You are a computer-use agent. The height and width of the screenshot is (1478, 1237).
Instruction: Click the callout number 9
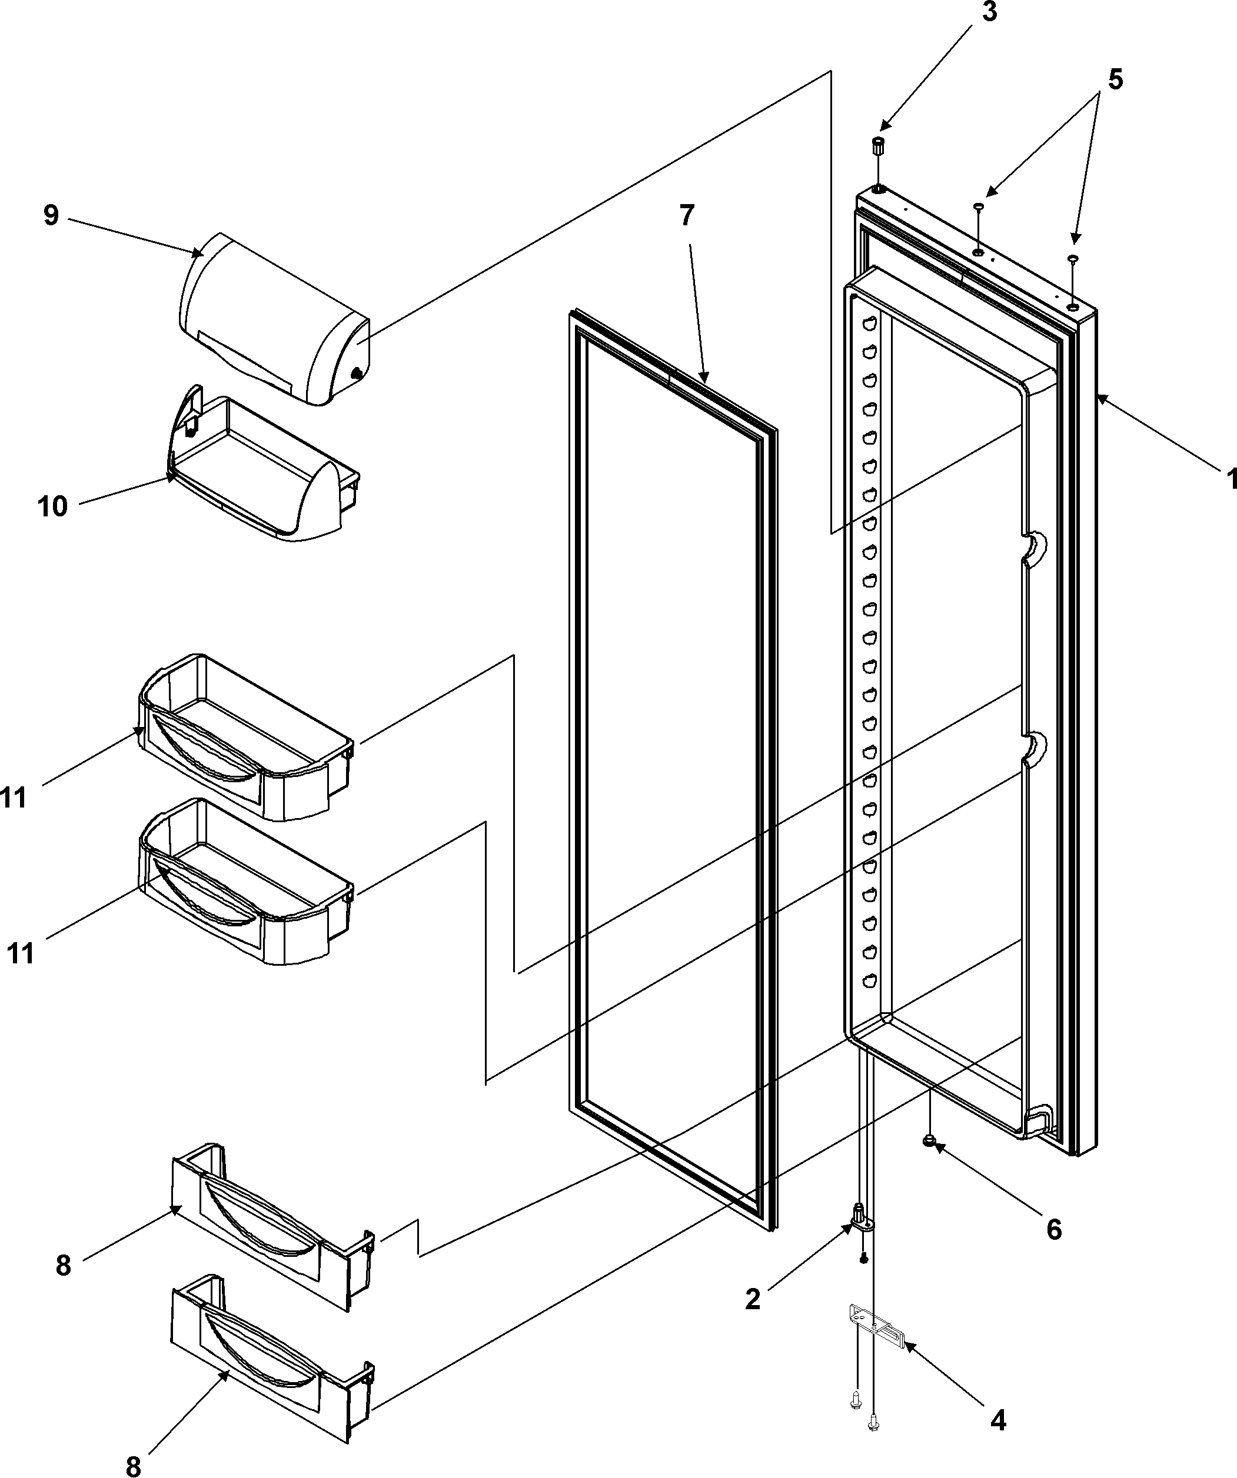coord(51,215)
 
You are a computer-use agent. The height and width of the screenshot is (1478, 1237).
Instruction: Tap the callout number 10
coord(53,506)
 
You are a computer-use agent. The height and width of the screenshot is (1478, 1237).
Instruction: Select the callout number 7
coord(686,215)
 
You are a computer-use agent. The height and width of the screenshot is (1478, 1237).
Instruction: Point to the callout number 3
coord(989,13)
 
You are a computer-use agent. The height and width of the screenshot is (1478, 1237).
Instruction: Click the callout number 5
coord(1115,79)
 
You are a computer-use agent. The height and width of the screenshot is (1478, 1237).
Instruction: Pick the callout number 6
coord(1053,1230)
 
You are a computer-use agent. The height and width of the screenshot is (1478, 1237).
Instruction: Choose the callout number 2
coord(753,1299)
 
